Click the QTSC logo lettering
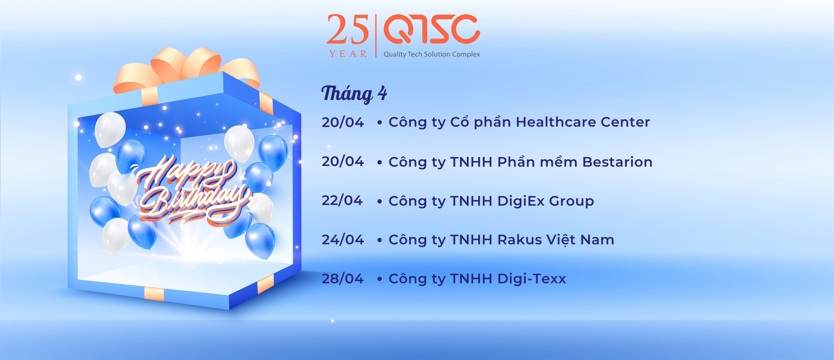[x=431, y=29]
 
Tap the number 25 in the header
[x=348, y=29]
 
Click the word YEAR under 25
[x=348, y=54]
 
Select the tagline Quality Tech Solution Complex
[x=432, y=54]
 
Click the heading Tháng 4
[x=354, y=94]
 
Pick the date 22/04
[x=342, y=201]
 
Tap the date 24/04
[x=343, y=240]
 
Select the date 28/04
[x=343, y=279]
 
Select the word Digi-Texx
[x=531, y=279]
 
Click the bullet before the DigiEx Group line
[x=379, y=202]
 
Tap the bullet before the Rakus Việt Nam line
[x=379, y=240]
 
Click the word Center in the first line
[x=625, y=122]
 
